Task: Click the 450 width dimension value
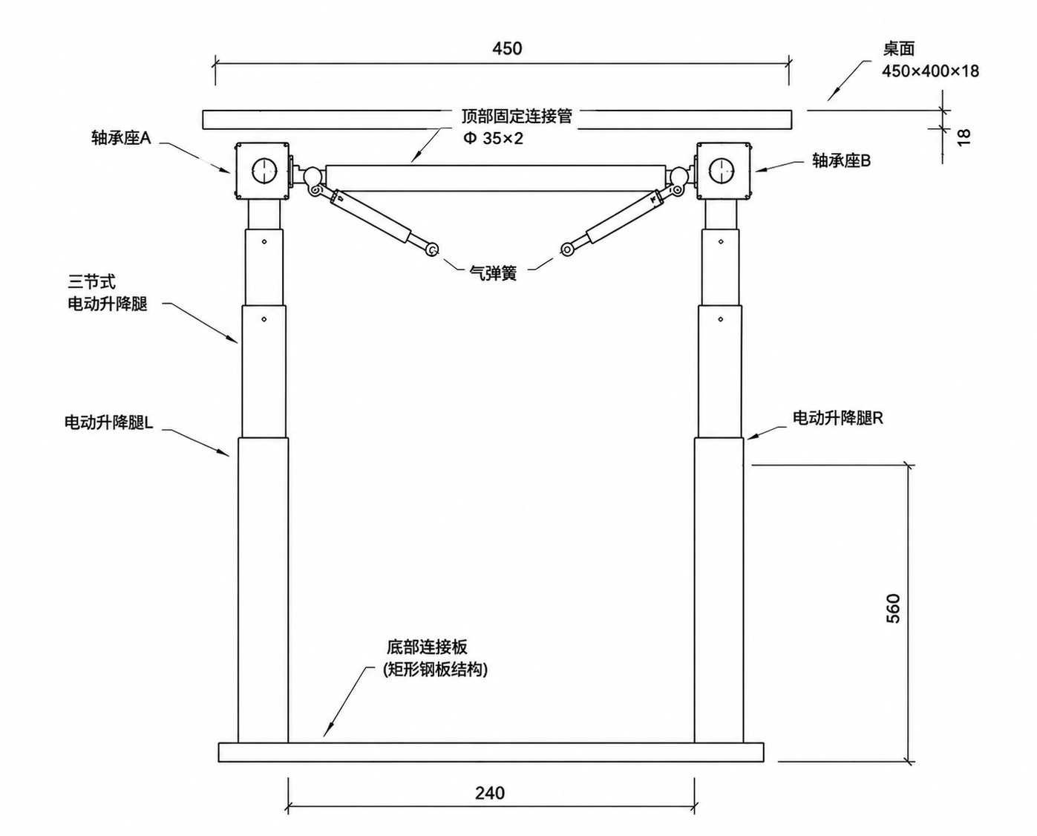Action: coord(507,49)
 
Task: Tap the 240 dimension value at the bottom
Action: coord(490,793)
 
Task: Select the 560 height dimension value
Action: coord(893,609)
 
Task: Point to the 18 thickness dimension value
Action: coord(963,138)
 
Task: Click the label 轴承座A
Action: coord(122,138)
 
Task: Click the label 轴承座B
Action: coord(842,160)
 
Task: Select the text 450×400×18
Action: coord(931,71)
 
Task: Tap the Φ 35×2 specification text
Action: coord(493,139)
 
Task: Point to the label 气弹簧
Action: coord(493,273)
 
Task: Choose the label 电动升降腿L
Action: coord(109,422)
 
